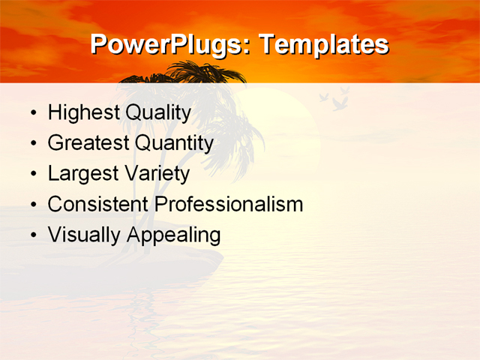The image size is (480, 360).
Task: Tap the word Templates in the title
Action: pyautogui.click(x=323, y=45)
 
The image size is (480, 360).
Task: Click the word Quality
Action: pyautogui.click(x=158, y=113)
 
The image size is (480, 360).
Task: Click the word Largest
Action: pyautogui.click(x=82, y=174)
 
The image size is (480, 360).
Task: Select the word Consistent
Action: pyautogui.click(x=97, y=204)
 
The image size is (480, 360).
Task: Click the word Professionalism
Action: pyautogui.click(x=229, y=204)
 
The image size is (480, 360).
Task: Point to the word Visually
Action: pyautogui.click(x=84, y=235)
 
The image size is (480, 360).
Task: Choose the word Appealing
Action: pyautogui.click(x=174, y=235)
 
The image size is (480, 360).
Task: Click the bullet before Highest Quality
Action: pyautogui.click(x=32, y=114)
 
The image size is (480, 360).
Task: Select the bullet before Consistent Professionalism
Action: pyautogui.click(x=32, y=205)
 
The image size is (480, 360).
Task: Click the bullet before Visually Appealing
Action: pyautogui.click(x=32, y=235)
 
